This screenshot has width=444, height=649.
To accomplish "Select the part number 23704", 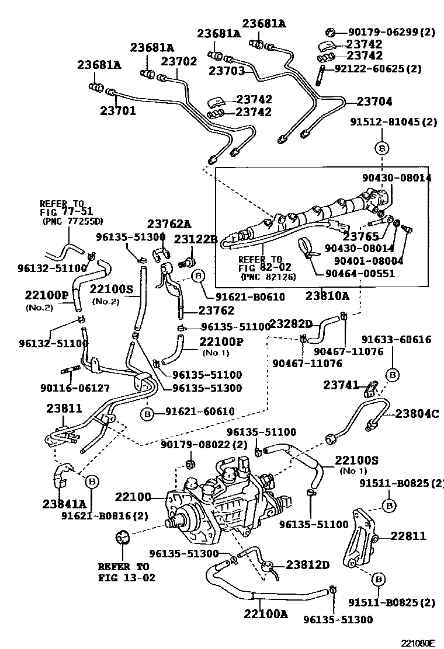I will coord(374,101).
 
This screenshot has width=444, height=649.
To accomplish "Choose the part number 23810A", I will coord(327,296).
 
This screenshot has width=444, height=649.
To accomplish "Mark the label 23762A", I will coord(169,224).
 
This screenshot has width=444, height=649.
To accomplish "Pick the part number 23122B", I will coord(196,239).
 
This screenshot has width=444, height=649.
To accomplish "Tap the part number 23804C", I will coord(417,414).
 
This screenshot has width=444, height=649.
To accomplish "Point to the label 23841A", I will coord(64,504).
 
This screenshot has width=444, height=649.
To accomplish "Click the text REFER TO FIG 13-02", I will coord(123,572).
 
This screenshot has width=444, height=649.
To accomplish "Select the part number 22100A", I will coord(266,614).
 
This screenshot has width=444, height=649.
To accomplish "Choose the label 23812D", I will coord(308,564).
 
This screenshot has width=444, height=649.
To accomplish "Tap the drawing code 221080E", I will coord(418,643).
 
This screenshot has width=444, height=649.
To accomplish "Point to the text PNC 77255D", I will coord(72,221).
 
